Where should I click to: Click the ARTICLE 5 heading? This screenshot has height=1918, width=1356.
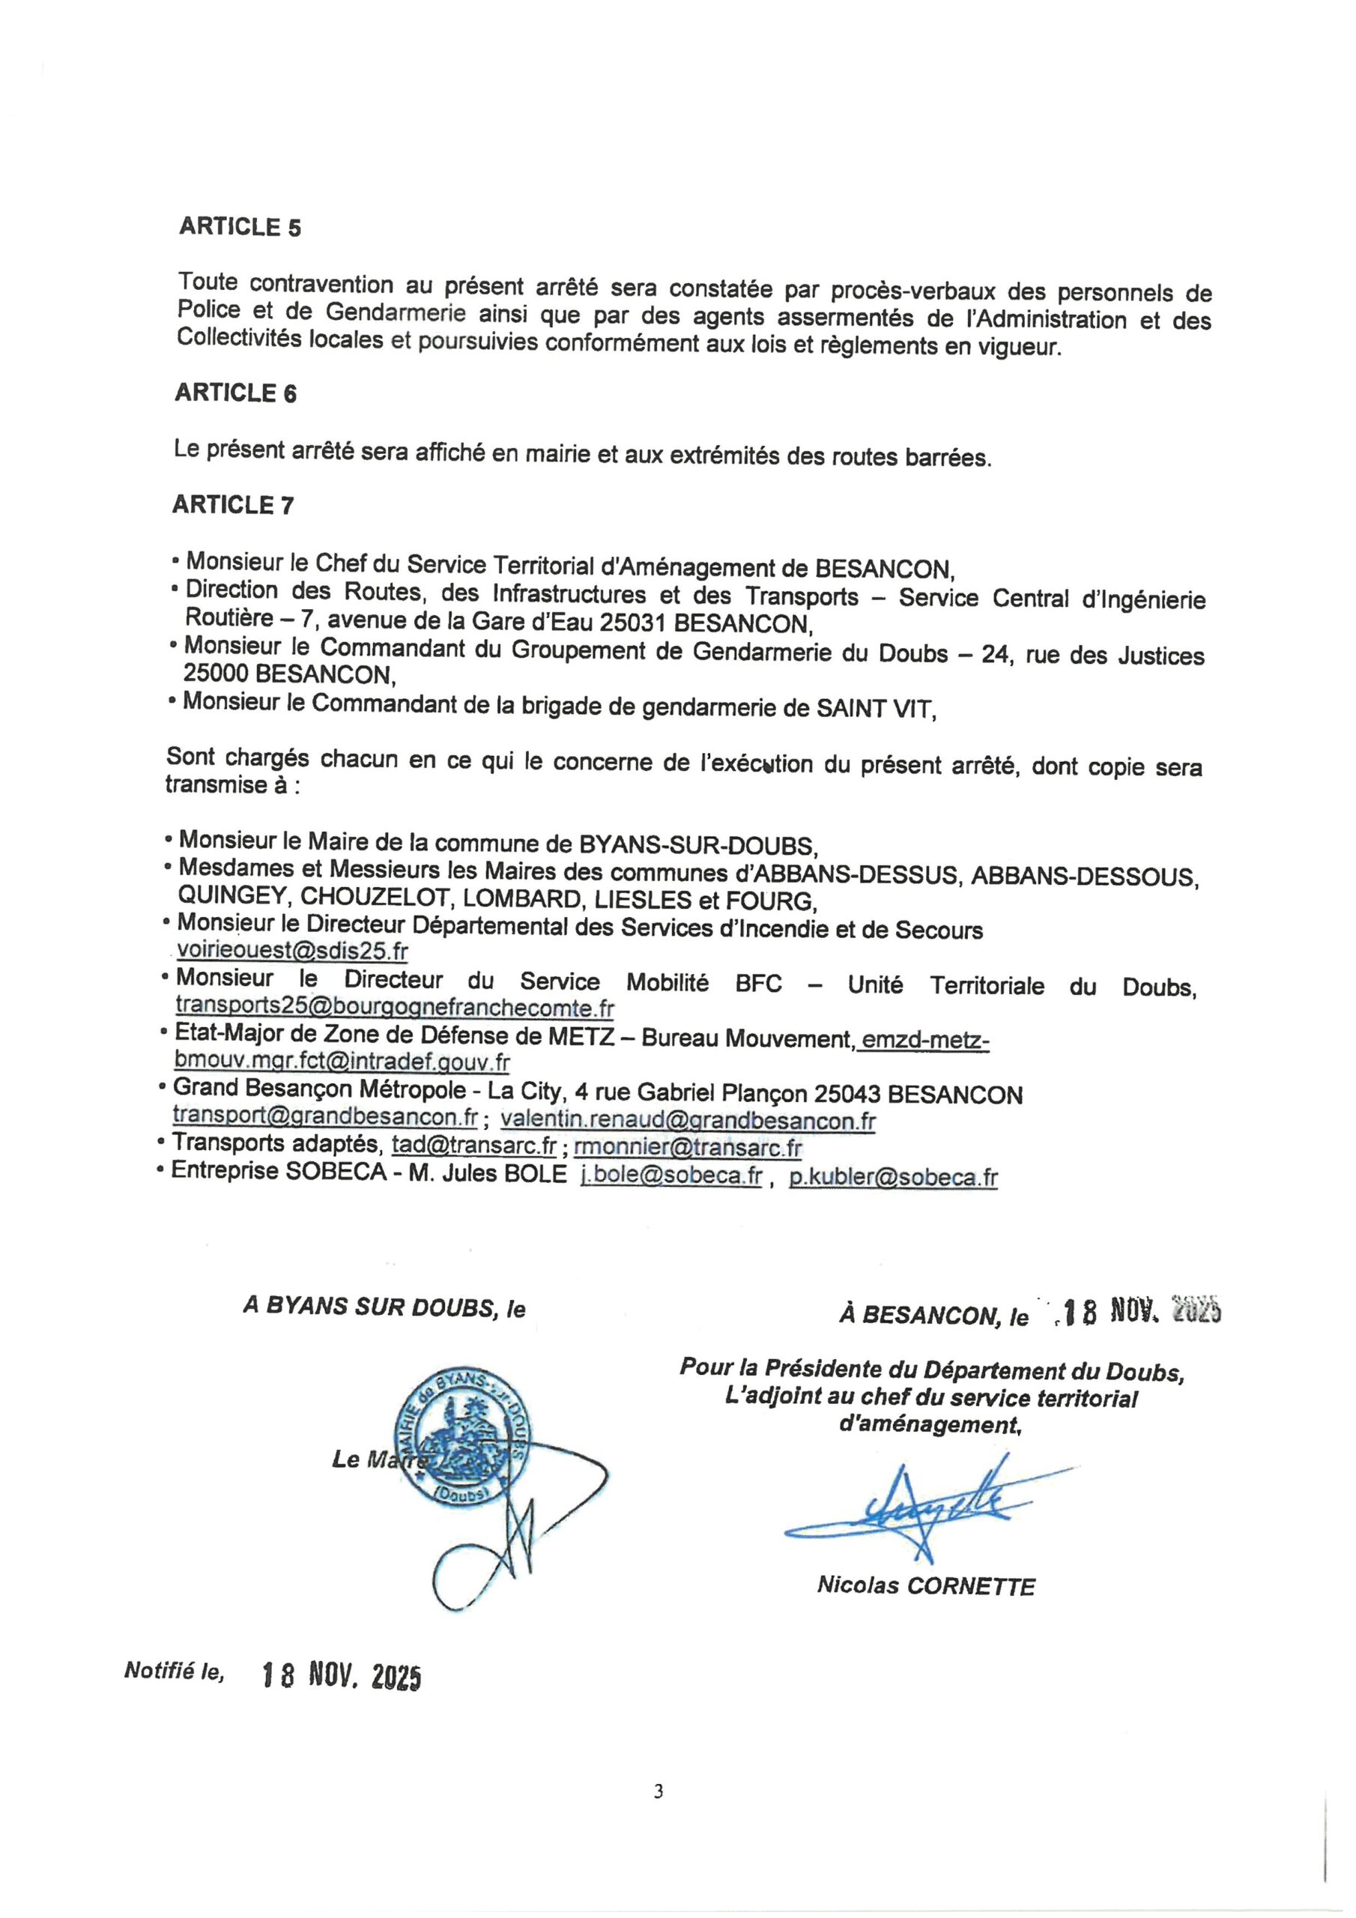tap(240, 227)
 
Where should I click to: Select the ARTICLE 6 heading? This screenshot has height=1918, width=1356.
tap(235, 393)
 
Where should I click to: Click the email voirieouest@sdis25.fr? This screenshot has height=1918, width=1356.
tap(292, 952)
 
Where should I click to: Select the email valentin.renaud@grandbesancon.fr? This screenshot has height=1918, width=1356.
tap(688, 1119)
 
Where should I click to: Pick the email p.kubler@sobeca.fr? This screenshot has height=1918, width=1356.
tap(892, 1177)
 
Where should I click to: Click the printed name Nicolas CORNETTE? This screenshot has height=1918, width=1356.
tap(926, 1586)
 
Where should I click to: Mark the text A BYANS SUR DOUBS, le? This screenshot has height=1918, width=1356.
tap(384, 1307)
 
